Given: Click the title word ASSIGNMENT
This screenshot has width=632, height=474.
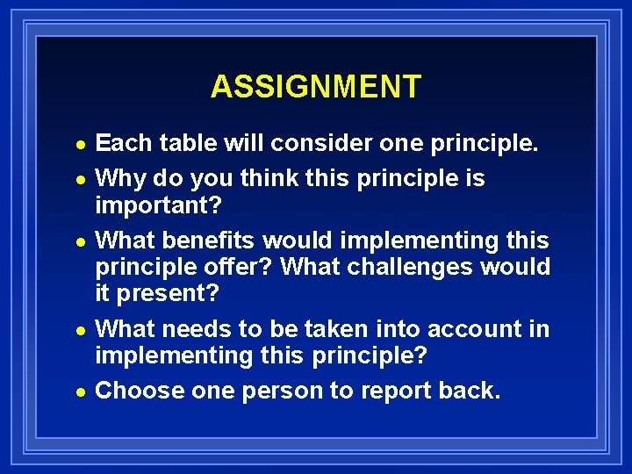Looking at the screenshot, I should click(315, 87).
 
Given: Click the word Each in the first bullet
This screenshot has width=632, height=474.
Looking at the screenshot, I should click(121, 142).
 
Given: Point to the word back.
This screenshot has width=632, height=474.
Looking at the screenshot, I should click(473, 391).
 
